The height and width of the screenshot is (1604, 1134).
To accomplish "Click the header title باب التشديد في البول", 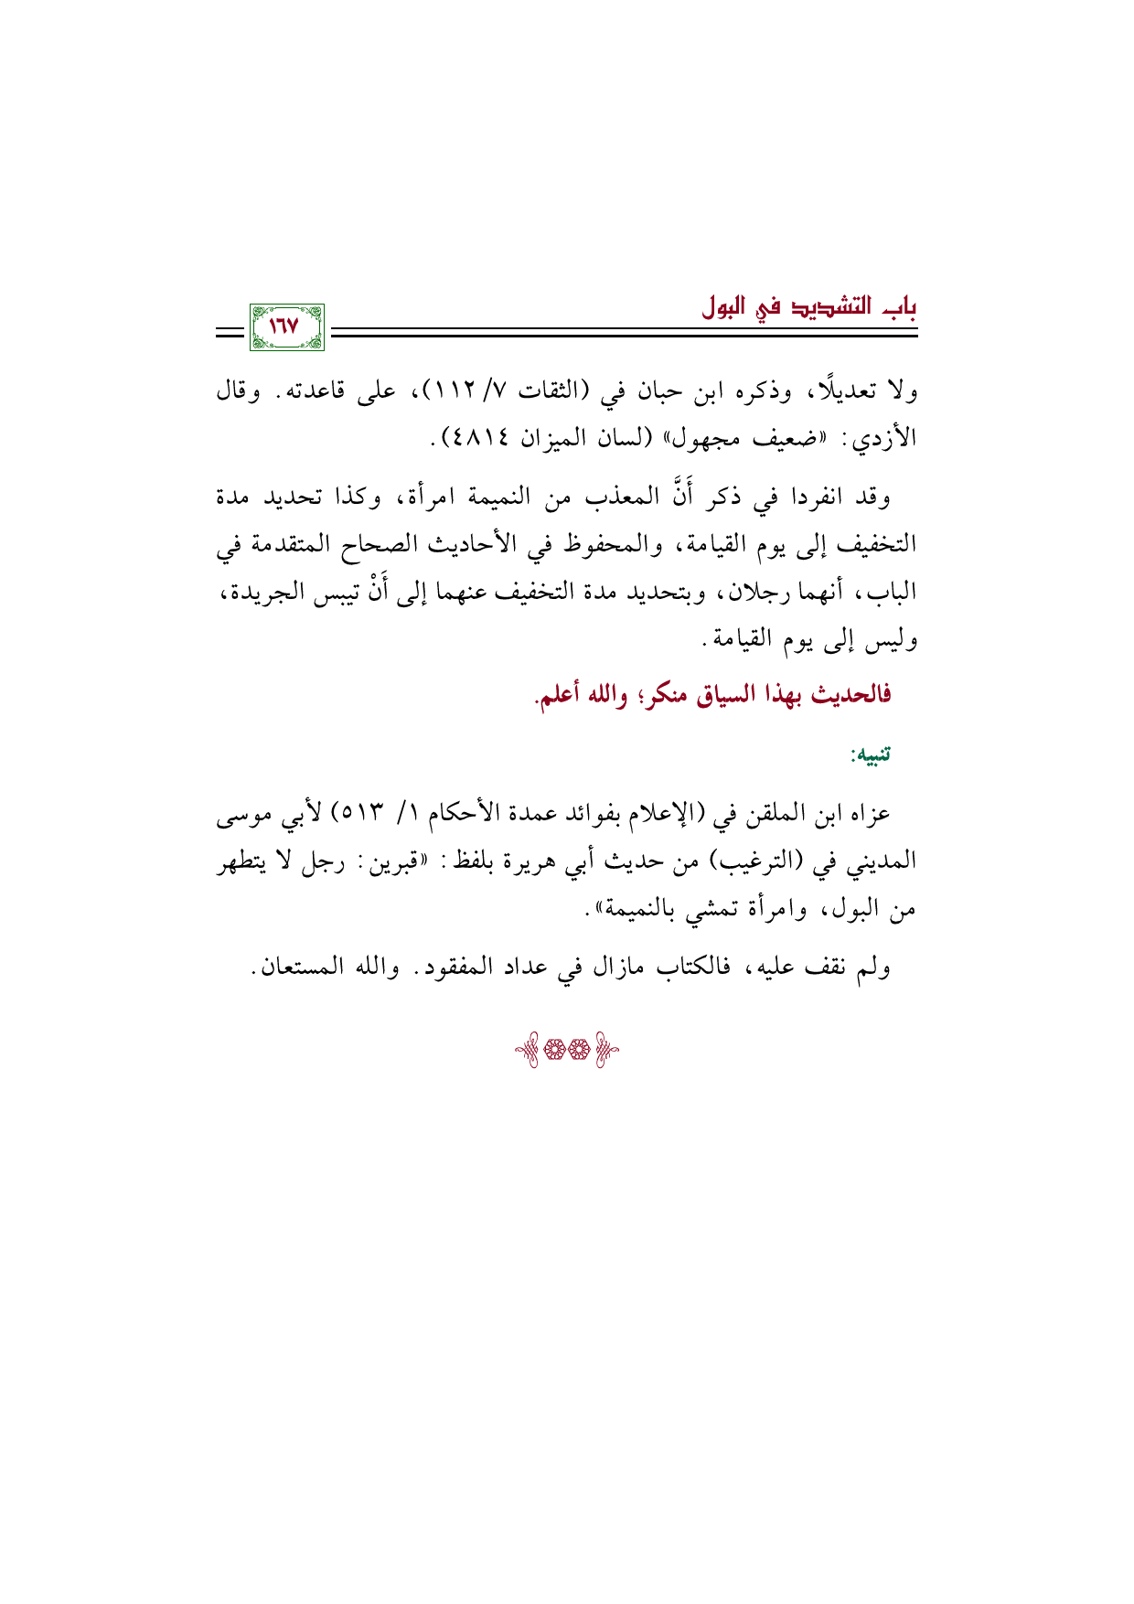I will [809, 305].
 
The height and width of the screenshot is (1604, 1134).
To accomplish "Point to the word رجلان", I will [739, 593].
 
